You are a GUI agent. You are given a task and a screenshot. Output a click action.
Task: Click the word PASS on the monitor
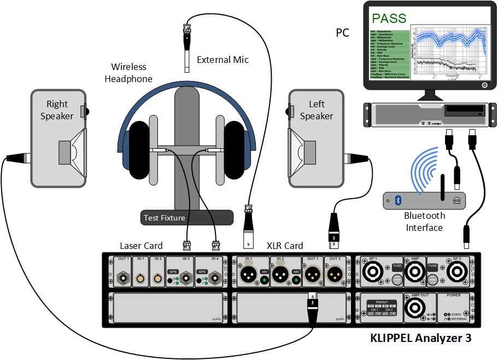(x=389, y=18)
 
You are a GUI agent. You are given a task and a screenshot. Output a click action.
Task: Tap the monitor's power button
(x=484, y=85)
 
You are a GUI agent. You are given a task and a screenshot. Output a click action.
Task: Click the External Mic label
(x=222, y=60)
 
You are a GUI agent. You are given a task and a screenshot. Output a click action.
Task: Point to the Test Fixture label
(x=164, y=218)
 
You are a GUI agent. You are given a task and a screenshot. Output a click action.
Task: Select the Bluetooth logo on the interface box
(x=398, y=200)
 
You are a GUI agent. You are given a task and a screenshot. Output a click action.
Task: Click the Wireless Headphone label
(x=128, y=73)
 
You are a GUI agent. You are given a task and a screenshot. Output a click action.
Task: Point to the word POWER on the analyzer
(x=454, y=295)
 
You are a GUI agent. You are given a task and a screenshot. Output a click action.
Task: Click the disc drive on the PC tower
(x=464, y=112)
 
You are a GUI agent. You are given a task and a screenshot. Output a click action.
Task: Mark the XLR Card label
(x=285, y=246)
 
